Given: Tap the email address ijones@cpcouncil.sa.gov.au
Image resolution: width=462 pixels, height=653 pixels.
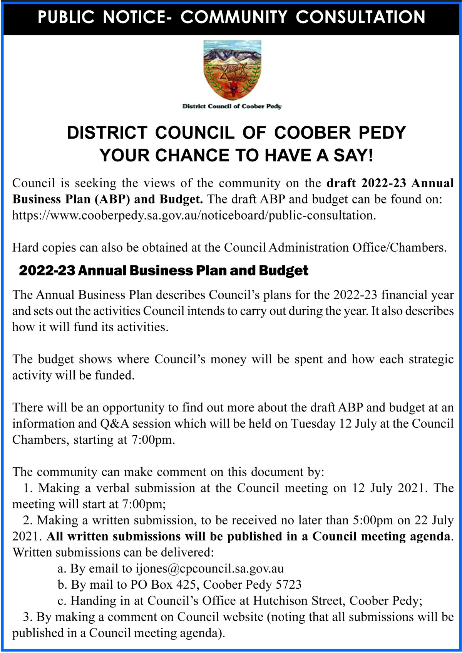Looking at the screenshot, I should [x=210, y=569].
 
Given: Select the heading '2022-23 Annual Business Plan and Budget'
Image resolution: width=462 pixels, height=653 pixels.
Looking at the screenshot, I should [x=164, y=270].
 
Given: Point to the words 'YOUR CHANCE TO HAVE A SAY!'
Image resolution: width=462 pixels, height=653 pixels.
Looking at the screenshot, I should [x=236, y=156].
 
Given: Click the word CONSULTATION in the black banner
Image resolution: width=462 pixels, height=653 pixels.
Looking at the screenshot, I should [x=360, y=17].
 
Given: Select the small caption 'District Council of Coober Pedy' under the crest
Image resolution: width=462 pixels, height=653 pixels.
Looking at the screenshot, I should [x=232, y=106].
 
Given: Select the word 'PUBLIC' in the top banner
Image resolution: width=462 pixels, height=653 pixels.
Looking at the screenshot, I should [x=66, y=17].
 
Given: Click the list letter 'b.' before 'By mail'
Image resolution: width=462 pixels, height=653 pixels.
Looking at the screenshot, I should [x=62, y=585].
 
